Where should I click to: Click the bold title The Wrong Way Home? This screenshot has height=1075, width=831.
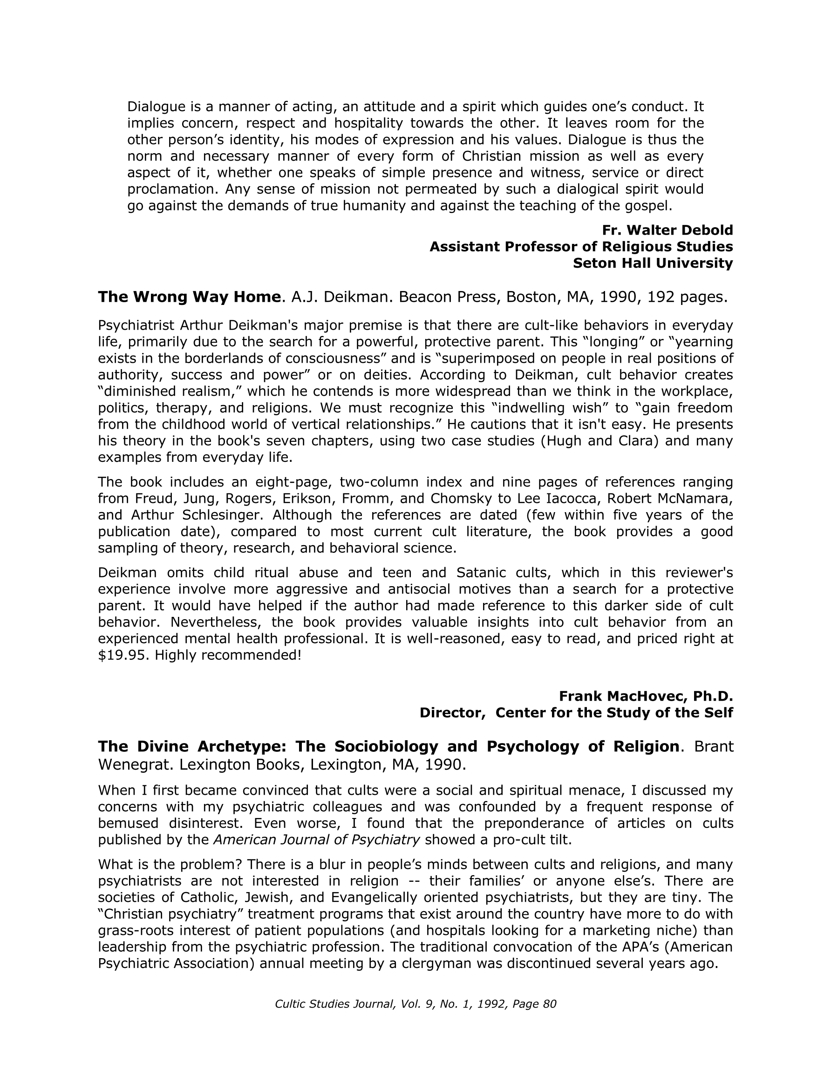(x=189, y=297)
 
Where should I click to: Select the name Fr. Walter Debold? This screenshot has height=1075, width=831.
(x=668, y=230)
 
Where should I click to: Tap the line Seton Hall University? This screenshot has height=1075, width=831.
(x=653, y=264)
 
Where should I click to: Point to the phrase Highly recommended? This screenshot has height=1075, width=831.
(x=228, y=656)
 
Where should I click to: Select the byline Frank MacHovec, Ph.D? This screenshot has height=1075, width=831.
(x=646, y=696)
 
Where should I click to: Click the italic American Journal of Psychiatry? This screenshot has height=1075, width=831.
(x=317, y=840)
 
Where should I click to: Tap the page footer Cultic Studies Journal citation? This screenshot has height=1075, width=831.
(x=415, y=1004)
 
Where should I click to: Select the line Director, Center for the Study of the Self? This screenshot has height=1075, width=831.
(x=576, y=713)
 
